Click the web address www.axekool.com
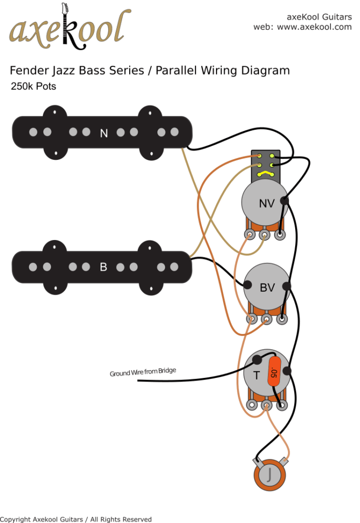pyautogui.click(x=314, y=27)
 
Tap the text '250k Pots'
pyautogui.click(x=33, y=86)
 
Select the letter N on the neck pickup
pyautogui.click(x=104, y=133)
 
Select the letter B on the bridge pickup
pyautogui.click(x=103, y=267)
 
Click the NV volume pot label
pyautogui.click(x=267, y=203)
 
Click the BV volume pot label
pyautogui.click(x=267, y=288)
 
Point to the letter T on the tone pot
pyautogui.click(x=256, y=375)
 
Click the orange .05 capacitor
pyautogui.click(x=275, y=373)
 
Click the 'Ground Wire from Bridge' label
pyautogui.click(x=143, y=372)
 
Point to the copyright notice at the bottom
pyautogui.click(x=77, y=519)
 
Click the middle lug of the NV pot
pyautogui.click(x=265, y=235)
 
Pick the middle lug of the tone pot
pyautogui.click(x=267, y=406)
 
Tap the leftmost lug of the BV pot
pyautogui.click(x=251, y=319)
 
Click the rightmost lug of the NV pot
pyautogui.click(x=280, y=235)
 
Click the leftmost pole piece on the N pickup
pyautogui.click(x=33, y=132)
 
